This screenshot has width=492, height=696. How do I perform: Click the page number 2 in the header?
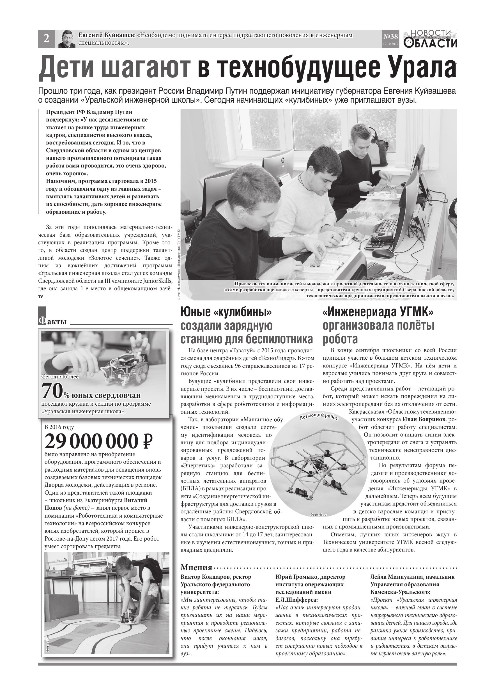pos(46,39)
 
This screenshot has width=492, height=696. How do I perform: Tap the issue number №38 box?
pos(391,38)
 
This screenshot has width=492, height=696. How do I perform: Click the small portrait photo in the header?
pos(67,39)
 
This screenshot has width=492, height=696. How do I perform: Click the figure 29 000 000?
pos(91,441)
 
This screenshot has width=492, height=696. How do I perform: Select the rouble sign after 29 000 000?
pos(147,441)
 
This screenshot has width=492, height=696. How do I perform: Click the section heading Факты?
pos(53,321)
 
